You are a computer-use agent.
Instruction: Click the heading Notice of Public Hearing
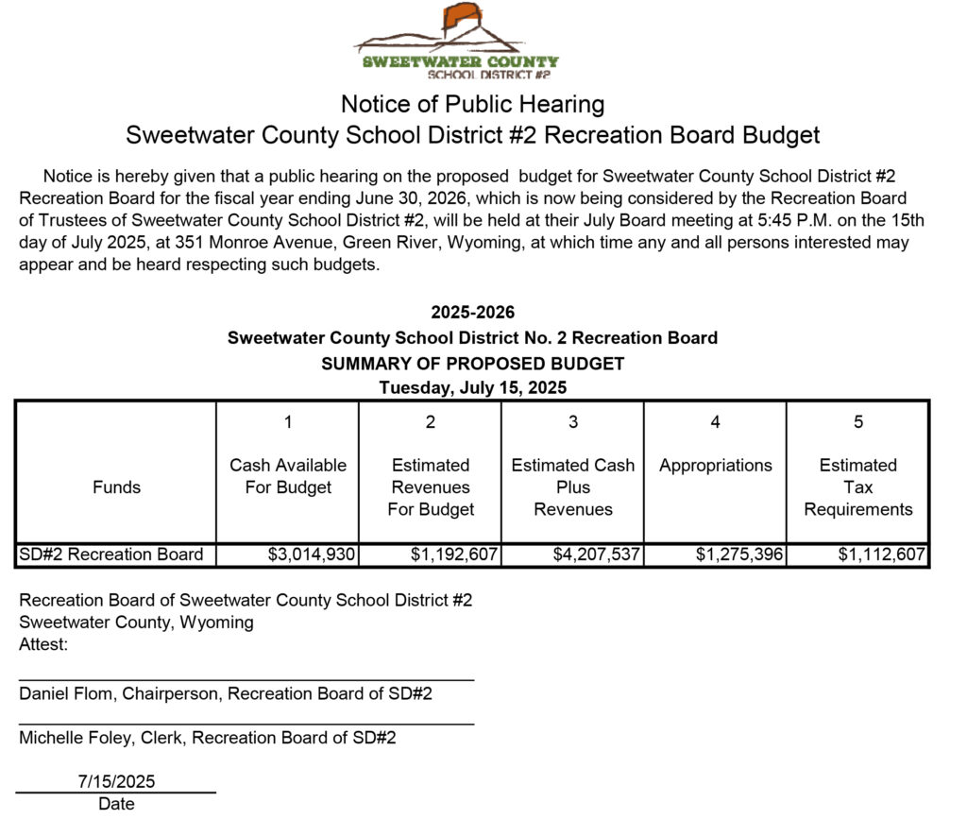(472, 104)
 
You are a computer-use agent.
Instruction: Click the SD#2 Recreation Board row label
(111, 555)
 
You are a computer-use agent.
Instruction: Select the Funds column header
(116, 487)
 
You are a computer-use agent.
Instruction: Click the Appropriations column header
(715, 465)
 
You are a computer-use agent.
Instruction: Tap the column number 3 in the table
(572, 422)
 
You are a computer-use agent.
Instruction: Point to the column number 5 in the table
(857, 422)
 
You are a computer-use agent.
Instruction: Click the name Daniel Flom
(60, 693)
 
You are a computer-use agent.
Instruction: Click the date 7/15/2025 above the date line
(116, 781)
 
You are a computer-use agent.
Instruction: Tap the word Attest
(43, 645)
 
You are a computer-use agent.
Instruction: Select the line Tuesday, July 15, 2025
(472, 386)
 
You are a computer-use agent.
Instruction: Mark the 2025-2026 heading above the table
(472, 313)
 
